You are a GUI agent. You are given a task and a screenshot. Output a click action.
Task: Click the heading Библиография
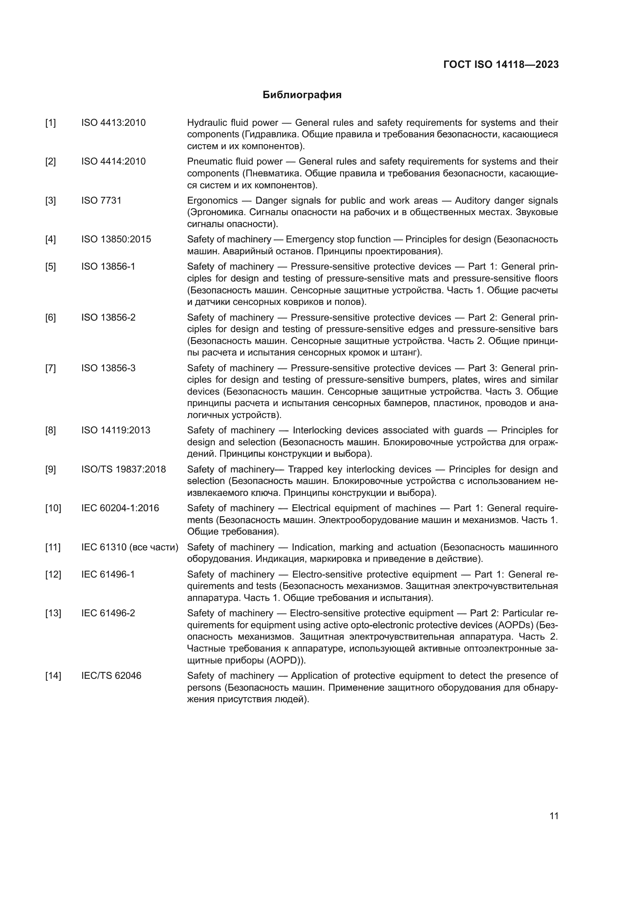click(302, 95)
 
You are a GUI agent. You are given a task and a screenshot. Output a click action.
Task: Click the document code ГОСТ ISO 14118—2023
click(501, 64)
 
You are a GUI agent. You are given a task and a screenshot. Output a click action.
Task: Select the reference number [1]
click(50, 123)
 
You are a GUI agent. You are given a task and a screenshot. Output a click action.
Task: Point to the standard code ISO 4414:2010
click(113, 161)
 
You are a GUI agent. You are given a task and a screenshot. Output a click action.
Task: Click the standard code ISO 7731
click(101, 201)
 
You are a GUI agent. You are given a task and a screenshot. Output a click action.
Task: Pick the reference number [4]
click(50, 239)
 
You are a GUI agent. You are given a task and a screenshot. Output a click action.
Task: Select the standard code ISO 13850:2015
click(116, 239)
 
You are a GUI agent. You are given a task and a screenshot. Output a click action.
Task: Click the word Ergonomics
click(212, 201)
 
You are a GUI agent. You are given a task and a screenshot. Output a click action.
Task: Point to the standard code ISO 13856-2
click(108, 317)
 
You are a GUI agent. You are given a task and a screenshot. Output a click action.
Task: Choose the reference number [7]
click(50, 368)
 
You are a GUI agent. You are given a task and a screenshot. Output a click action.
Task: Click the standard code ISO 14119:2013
click(116, 430)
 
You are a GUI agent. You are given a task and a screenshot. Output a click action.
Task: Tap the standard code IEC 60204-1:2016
click(120, 508)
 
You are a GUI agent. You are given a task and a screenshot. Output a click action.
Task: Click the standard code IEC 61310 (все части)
click(130, 547)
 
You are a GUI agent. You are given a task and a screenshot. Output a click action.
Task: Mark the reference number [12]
click(53, 574)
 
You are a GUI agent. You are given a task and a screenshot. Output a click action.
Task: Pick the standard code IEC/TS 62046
click(111, 675)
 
